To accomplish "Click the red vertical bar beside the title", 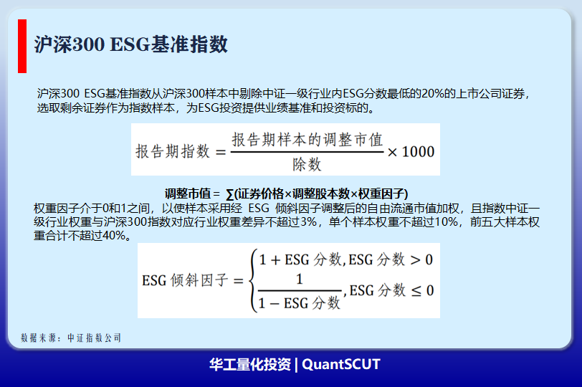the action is tap(22, 46).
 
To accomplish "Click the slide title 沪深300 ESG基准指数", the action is tap(130, 44).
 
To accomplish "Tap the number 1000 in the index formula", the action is tap(418, 152).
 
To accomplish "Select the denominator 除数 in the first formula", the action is tap(307, 164).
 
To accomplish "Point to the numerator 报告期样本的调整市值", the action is tap(307, 140).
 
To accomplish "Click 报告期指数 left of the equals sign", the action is tap(173, 151).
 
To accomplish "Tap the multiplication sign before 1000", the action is tap(392, 152).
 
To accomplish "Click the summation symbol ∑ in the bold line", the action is tap(230, 194).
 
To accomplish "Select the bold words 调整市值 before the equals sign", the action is tap(188, 193).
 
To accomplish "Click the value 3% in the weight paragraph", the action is tap(308, 222).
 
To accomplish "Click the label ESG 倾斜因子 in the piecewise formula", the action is tap(185, 280).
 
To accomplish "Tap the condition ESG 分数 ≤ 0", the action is tap(391, 290).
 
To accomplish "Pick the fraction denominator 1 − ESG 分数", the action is tap(299, 303).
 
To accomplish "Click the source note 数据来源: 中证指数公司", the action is tap(71, 338).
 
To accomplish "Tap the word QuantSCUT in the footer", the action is tap(341, 364).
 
